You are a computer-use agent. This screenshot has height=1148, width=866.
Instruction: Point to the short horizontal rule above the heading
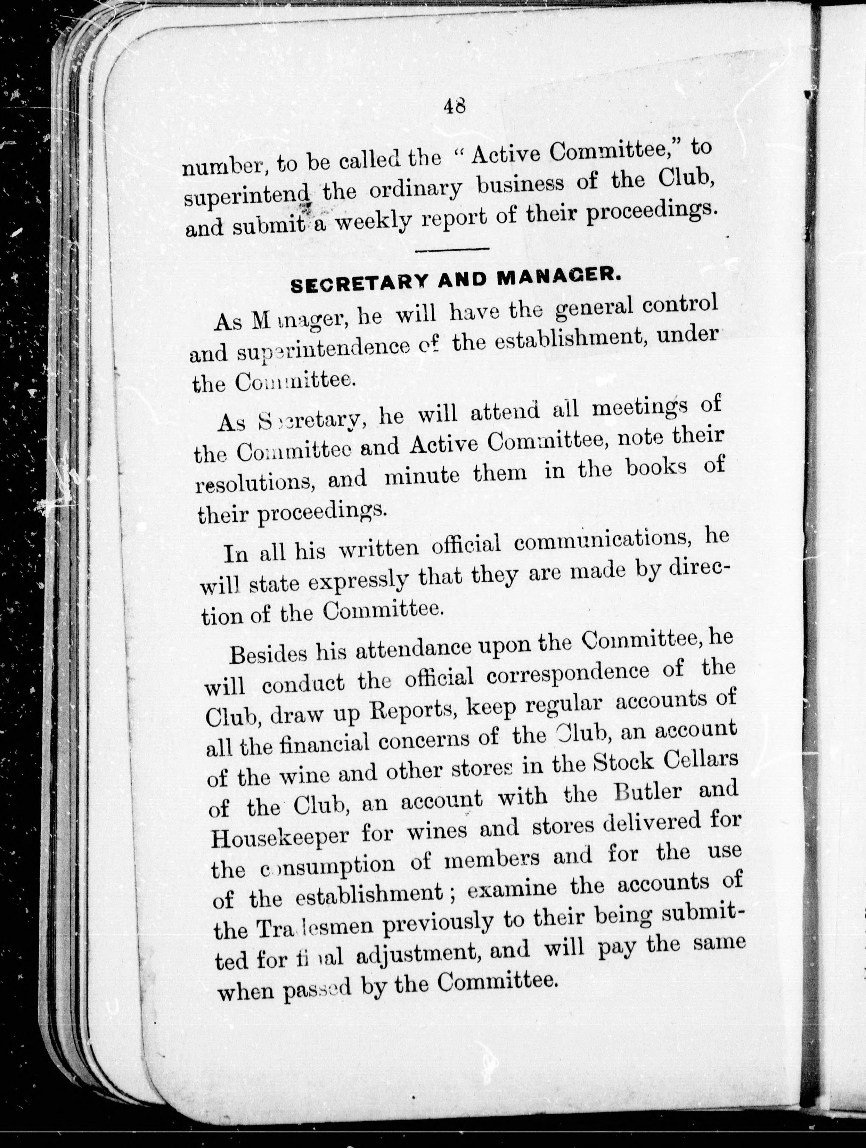(x=453, y=249)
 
